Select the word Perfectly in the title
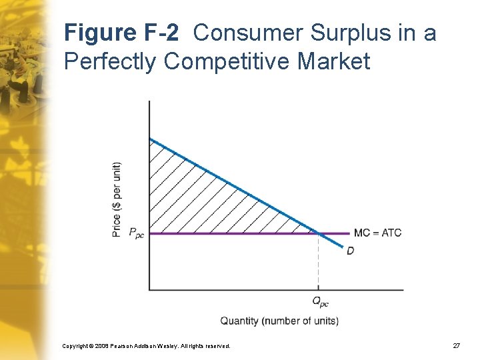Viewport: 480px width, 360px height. point(111,62)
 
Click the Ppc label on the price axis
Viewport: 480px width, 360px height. point(136,233)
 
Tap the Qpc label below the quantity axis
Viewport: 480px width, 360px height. point(320,302)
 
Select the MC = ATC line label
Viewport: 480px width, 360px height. point(377,233)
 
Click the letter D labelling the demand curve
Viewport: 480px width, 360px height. point(351,251)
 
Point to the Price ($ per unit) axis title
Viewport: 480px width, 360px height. point(117,199)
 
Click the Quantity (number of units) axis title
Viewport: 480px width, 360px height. point(279,321)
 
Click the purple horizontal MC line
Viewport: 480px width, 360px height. point(233,233)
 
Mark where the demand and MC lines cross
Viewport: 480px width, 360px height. point(318,233)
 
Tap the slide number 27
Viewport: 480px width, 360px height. point(456,346)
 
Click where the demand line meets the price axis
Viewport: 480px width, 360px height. point(149,139)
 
